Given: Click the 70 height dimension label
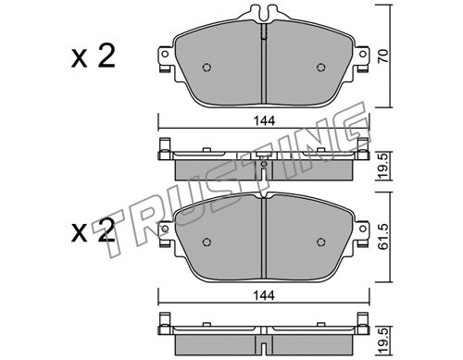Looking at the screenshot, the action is (383, 56).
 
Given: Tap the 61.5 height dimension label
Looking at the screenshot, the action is (383, 237).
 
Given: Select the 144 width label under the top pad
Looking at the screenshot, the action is (264, 121).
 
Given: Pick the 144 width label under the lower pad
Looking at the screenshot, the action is (264, 296).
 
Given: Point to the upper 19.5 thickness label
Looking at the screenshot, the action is (383, 167).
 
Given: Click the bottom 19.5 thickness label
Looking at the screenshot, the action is (383, 341).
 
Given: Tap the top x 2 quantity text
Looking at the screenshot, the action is (94, 56).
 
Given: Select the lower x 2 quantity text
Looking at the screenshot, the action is (94, 230).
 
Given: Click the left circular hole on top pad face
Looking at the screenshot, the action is (206, 68).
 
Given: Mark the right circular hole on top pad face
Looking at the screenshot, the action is (321, 68).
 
